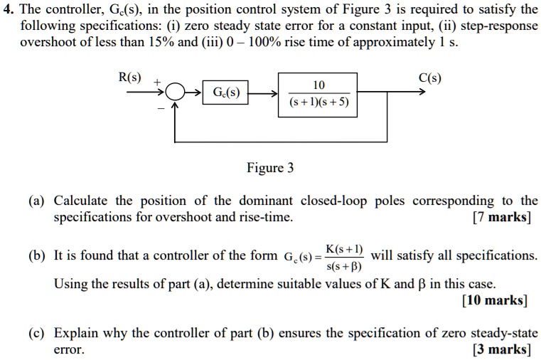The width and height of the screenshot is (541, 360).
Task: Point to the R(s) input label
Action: pyautogui.click(x=129, y=78)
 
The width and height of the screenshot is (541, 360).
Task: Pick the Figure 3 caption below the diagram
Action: pyautogui.click(x=270, y=169)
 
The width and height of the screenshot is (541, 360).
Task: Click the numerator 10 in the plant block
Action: pyautogui.click(x=318, y=85)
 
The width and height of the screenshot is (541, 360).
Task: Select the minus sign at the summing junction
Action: pyautogui.click(x=161, y=107)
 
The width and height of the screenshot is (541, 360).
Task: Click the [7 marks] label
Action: pyautogui.click(x=501, y=218)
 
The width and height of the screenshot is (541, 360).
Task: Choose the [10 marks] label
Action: pyautogui.click(x=494, y=300)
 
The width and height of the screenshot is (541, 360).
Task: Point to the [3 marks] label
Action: pyautogui.click(x=501, y=349)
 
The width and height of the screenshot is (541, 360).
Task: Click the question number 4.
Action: pyautogui.click(x=6, y=9)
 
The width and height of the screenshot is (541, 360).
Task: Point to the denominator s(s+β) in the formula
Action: pyautogui.click(x=343, y=268)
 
